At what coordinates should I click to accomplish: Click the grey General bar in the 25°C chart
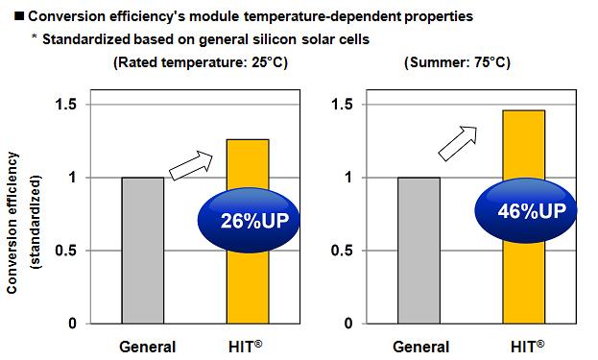pyautogui.click(x=142, y=250)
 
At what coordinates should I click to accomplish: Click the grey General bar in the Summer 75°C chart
pyautogui.click(x=419, y=250)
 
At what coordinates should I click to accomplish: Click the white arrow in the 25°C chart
pyautogui.click(x=192, y=164)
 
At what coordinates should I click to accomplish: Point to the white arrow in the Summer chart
pyautogui.click(x=459, y=142)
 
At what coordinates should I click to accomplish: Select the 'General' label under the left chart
pyautogui.click(x=147, y=346)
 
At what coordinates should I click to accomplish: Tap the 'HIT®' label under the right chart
pyautogui.click(x=527, y=346)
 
